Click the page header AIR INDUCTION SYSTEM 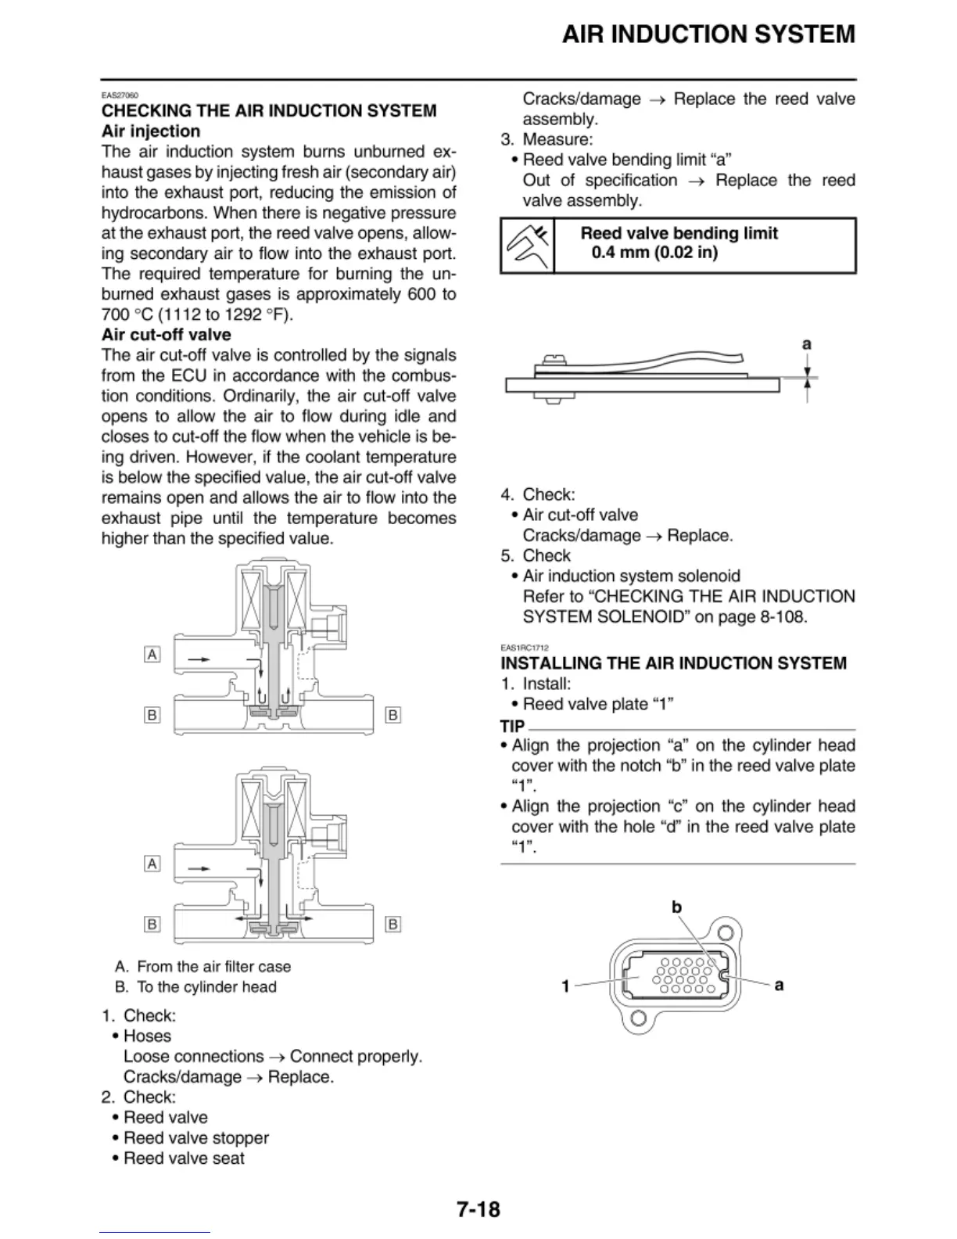click(x=708, y=34)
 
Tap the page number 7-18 click(x=478, y=1209)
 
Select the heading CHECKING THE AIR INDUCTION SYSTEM click(x=269, y=111)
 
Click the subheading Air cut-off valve click(x=166, y=335)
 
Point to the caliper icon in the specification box click(x=527, y=246)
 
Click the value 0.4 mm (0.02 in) click(x=654, y=253)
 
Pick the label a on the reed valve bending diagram click(x=807, y=344)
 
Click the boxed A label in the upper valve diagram click(x=152, y=654)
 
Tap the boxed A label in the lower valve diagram click(x=152, y=864)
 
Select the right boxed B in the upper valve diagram click(x=393, y=715)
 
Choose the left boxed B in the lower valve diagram click(x=152, y=925)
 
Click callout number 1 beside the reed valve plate click(x=565, y=986)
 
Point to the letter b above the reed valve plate click(x=677, y=907)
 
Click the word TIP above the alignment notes click(x=512, y=726)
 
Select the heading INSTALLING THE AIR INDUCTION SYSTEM click(x=673, y=663)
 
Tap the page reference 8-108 click(x=781, y=616)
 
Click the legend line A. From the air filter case click(x=203, y=967)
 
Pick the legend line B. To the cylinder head click(x=195, y=987)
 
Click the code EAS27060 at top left click(x=120, y=95)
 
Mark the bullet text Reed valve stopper click(x=195, y=1138)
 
